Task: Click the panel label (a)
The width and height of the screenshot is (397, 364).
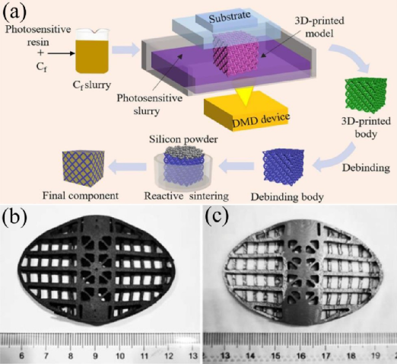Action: [14, 12]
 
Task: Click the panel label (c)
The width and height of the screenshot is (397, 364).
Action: [217, 217]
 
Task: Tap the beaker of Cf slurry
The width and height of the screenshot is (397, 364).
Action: [93, 51]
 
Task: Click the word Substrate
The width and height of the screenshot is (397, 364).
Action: [230, 18]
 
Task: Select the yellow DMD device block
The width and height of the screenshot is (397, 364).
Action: [246, 111]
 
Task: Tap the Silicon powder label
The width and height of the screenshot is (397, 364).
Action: [183, 139]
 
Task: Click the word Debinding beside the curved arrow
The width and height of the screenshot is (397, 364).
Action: [366, 168]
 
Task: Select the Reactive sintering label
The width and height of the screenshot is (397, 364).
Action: [186, 196]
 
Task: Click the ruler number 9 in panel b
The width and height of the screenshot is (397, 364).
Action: [95, 356]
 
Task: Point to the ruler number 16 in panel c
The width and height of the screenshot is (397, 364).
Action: [300, 356]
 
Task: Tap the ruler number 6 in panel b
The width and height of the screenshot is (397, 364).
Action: [21, 356]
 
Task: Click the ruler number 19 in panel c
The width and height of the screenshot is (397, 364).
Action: [375, 356]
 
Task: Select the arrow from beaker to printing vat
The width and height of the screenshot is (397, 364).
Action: [126, 49]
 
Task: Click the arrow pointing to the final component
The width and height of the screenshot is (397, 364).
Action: [127, 167]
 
